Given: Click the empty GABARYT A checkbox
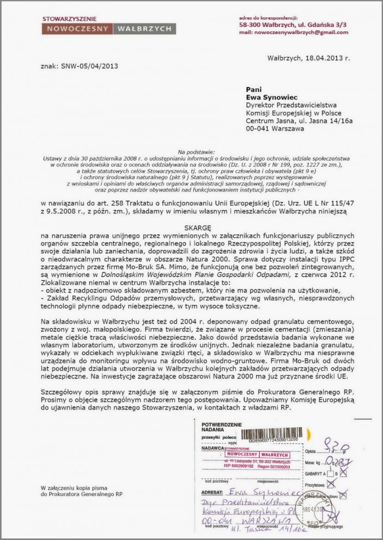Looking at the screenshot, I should [x=330, y=473].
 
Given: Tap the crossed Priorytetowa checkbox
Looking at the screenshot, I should [x=330, y=484].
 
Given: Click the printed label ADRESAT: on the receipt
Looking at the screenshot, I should [x=213, y=492].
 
